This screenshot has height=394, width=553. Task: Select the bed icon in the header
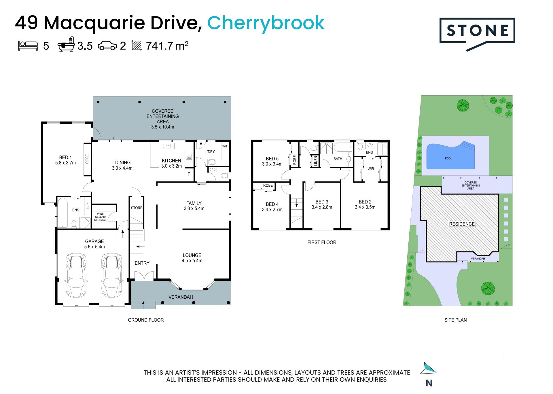28,46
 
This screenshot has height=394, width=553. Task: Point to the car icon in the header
107,46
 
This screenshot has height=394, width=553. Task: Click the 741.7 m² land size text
167,46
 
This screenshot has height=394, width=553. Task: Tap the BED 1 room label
65,158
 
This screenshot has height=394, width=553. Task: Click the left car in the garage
76,275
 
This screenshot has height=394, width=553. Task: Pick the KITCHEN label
171,161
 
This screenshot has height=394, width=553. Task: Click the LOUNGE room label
192,255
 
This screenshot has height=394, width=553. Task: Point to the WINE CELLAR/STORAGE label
100,217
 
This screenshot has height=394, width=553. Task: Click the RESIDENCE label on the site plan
462,224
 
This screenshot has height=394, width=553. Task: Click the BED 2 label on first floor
365,202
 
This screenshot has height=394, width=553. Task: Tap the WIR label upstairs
371,169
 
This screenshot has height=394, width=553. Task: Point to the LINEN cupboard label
315,161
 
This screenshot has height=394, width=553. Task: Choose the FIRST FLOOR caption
322,243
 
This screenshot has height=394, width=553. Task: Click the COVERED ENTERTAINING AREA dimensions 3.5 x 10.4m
163,127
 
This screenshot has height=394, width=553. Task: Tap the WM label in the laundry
225,147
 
